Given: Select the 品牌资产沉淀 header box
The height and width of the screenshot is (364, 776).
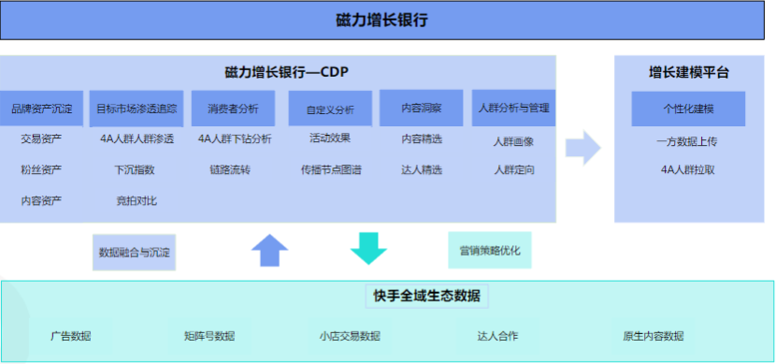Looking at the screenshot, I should point(42,109).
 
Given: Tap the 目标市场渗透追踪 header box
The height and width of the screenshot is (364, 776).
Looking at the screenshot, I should point(137,109).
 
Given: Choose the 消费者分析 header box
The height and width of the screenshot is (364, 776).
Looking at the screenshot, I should point(234,109).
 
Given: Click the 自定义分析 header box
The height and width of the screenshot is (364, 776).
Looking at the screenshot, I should point(330,109).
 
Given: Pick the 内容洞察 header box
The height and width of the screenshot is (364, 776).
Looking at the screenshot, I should point(421,109).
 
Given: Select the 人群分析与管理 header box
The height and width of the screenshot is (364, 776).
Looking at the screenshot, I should point(513,109).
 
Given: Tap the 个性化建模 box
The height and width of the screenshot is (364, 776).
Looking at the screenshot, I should point(688,109).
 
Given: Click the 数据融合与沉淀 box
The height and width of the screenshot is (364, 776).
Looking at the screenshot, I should point(136,252).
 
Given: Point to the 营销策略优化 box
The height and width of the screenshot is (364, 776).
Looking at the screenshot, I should point(490,251).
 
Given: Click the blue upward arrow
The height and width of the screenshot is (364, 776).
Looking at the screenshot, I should point(270,251).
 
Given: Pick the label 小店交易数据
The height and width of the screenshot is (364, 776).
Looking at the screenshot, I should point(350,336).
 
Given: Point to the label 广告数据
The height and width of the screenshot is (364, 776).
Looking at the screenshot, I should point(71,336).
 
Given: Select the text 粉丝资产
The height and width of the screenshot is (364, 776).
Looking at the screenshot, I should point(41,169).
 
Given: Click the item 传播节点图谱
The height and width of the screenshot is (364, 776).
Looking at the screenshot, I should point(331,169).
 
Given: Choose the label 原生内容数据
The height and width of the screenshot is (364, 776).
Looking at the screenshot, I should point(653,336).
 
